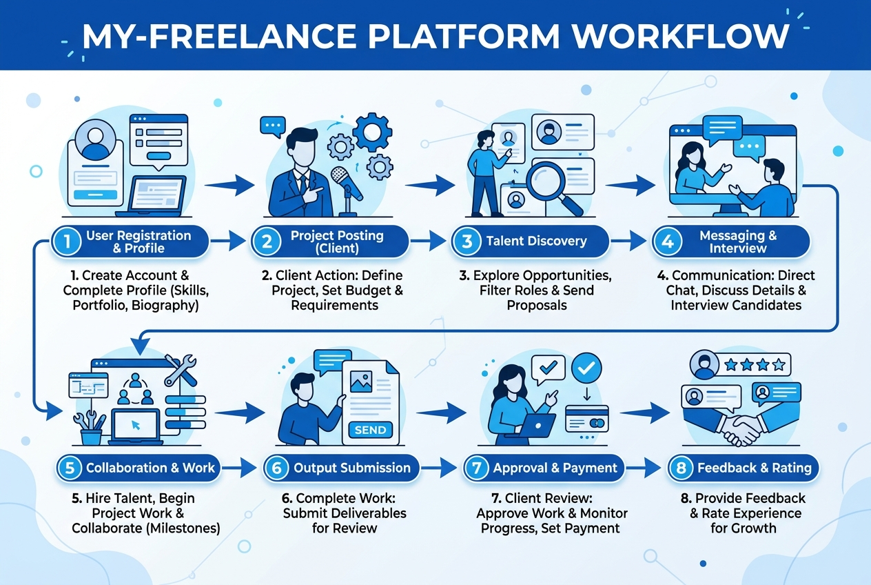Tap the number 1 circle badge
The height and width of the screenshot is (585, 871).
pos(67,241)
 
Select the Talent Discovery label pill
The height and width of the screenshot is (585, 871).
pos(531,241)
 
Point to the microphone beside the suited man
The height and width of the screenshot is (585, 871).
pos(347,190)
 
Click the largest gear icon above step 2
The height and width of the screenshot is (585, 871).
pos(372,132)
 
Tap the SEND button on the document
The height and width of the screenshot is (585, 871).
pos(370,430)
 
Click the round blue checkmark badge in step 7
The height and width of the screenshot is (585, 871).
pos(586,368)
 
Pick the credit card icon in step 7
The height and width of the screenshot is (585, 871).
pos(587,419)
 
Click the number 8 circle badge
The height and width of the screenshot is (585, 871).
pos(681,468)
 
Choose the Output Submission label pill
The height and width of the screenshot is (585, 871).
pos(341,468)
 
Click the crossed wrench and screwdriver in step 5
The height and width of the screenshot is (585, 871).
pos(181,370)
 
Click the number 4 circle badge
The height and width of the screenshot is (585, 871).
pos(667,241)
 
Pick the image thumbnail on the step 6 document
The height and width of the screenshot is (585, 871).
pos(361,381)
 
